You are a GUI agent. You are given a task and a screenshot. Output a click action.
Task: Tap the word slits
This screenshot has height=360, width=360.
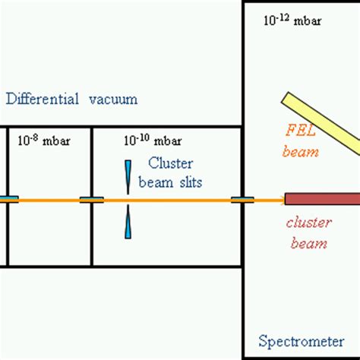pyautogui.click(x=187, y=182)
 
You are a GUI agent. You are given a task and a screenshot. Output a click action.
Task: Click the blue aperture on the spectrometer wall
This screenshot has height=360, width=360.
pyautogui.click(x=243, y=200)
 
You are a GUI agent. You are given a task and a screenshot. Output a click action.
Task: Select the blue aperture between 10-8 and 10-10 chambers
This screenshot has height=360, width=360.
pyautogui.click(x=91, y=200)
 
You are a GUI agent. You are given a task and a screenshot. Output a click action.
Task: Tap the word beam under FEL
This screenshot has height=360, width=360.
pyautogui.click(x=300, y=152)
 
